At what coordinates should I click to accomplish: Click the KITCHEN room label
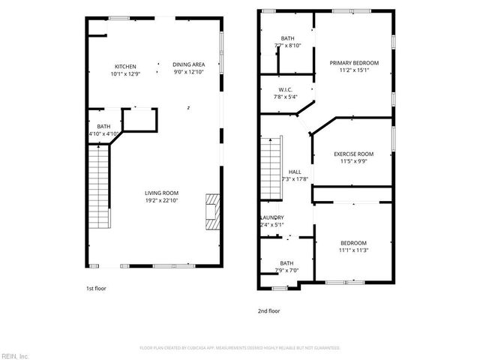click(125, 66)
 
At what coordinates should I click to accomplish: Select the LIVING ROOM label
click(161, 193)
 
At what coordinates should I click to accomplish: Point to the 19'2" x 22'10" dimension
click(161, 200)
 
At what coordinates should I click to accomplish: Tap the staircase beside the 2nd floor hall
click(270, 168)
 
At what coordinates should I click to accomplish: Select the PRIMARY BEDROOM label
click(354, 63)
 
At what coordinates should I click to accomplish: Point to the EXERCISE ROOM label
click(353, 154)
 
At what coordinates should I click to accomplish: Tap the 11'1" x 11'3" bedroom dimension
click(353, 250)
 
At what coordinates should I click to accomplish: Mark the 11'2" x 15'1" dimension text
click(354, 70)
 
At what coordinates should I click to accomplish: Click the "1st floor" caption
click(95, 288)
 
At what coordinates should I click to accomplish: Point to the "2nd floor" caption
click(268, 310)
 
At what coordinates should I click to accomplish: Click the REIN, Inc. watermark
click(15, 355)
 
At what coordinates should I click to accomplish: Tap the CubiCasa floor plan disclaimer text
click(240, 348)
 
